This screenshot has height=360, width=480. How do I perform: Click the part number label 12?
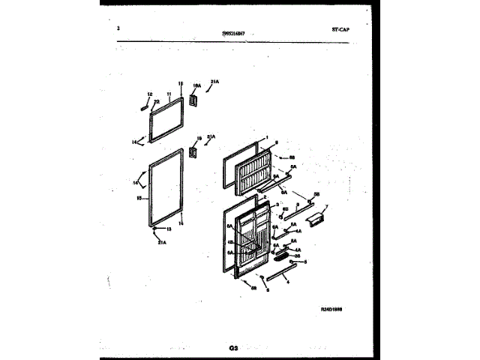(149, 94)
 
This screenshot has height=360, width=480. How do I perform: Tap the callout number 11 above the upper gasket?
(169, 94)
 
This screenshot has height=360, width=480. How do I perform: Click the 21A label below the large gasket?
(161, 241)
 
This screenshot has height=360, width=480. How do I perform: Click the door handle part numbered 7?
(316, 218)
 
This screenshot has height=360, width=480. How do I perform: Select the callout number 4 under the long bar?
(287, 281)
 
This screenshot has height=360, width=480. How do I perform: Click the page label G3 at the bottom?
(234, 348)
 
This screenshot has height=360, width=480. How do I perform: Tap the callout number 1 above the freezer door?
(266, 138)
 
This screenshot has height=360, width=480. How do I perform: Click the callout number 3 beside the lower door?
(277, 205)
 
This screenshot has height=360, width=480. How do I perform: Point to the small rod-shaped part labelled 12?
(141, 106)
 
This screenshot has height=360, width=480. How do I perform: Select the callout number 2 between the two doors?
(265, 196)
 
